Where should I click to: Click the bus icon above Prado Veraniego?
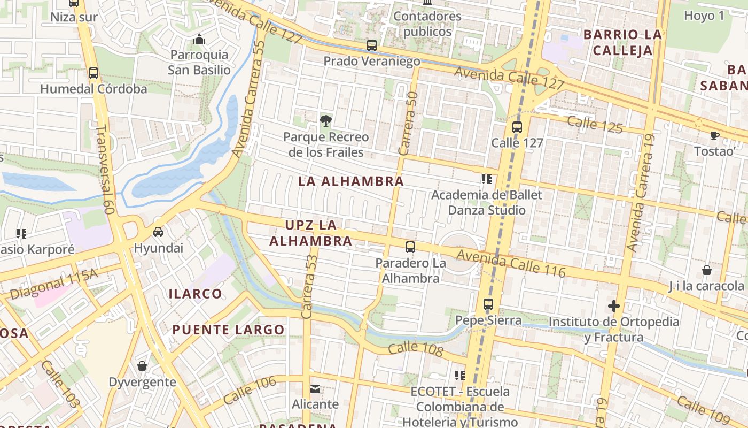click(372, 45)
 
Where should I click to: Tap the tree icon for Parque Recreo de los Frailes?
click(325, 121)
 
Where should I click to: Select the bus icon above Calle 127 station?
click(517, 127)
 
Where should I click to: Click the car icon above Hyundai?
click(158, 232)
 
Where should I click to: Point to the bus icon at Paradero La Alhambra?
click(410, 247)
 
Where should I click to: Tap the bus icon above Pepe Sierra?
click(488, 304)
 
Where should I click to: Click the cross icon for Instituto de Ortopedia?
click(614, 306)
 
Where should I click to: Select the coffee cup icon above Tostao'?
click(714, 135)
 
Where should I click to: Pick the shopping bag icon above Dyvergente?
click(142, 366)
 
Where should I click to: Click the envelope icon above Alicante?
click(315, 388)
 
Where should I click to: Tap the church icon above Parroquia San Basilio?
click(199, 39)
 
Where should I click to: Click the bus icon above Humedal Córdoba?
click(93, 73)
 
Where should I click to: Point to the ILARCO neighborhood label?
click(196, 294)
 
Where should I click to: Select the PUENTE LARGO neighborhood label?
click(228, 330)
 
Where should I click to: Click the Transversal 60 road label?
click(105, 170)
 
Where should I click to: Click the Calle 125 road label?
click(595, 124)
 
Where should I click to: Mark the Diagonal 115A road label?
click(54, 284)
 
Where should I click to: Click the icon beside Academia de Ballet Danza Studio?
click(486, 179)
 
